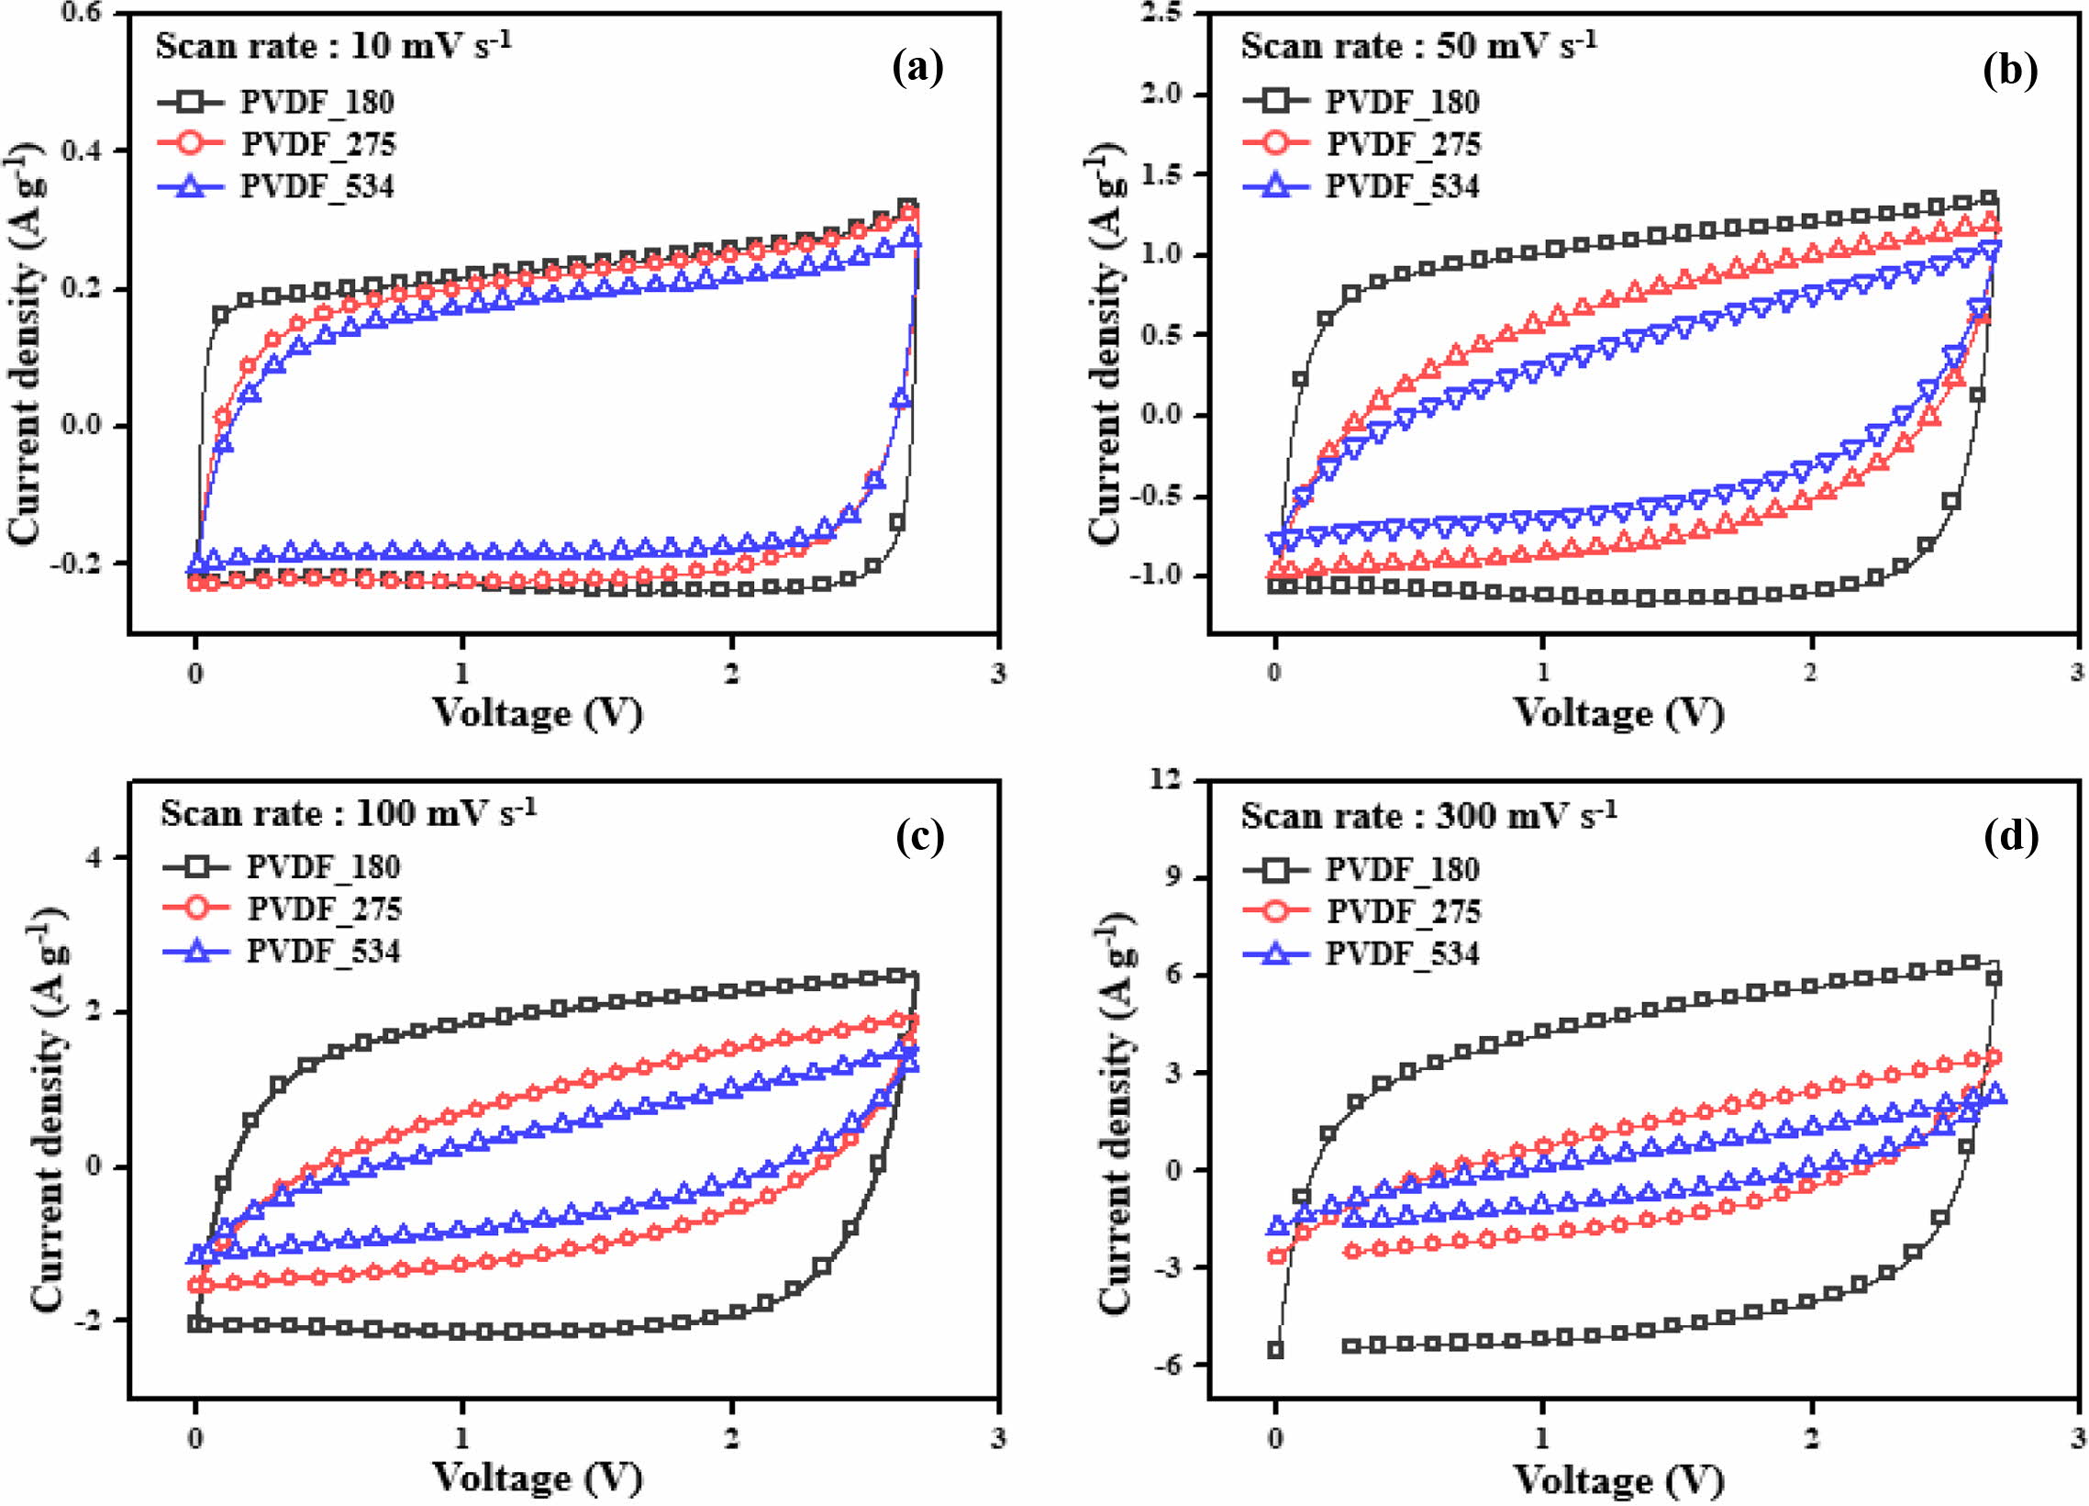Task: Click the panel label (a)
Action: tap(918, 68)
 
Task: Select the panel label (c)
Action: tap(919, 835)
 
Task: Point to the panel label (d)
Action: tap(2012, 835)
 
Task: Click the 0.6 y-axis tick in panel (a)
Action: tap(87, 14)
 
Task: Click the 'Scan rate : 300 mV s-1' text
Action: tap(1428, 815)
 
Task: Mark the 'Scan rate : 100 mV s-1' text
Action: tap(349, 812)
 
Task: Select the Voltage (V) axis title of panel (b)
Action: tap(1618, 713)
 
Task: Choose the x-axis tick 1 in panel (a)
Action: tap(462, 673)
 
